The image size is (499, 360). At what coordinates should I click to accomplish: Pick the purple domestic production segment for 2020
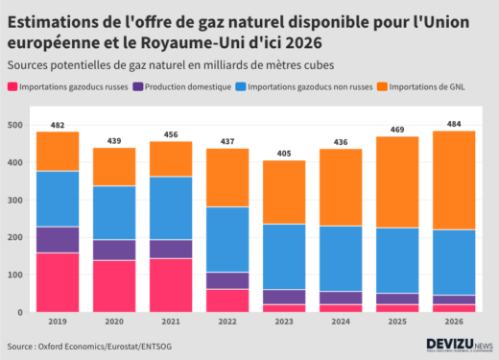114,250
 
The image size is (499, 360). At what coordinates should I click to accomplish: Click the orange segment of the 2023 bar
283,192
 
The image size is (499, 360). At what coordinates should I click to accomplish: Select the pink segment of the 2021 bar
170,285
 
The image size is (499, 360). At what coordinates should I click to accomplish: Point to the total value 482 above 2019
58,125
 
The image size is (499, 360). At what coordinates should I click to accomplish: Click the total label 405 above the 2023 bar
283,154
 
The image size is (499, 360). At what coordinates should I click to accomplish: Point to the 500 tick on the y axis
16,125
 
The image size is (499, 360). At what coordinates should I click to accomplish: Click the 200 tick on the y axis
16,237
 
